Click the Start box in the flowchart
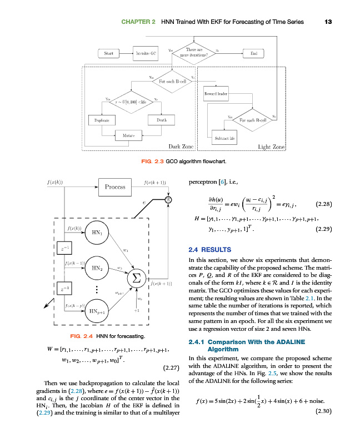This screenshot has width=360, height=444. [x=109, y=54]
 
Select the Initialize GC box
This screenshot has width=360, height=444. [x=146, y=54]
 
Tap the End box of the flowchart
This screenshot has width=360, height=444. [x=254, y=54]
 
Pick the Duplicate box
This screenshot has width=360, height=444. [x=101, y=120]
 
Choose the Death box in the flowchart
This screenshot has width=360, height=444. [x=162, y=120]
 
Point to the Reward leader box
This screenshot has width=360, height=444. [x=216, y=94]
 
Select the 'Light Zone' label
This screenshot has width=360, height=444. [x=271, y=147]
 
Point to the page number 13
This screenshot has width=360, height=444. [x=328, y=22]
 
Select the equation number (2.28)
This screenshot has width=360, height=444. [x=323, y=204]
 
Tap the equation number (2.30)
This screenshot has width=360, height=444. [x=323, y=411]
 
